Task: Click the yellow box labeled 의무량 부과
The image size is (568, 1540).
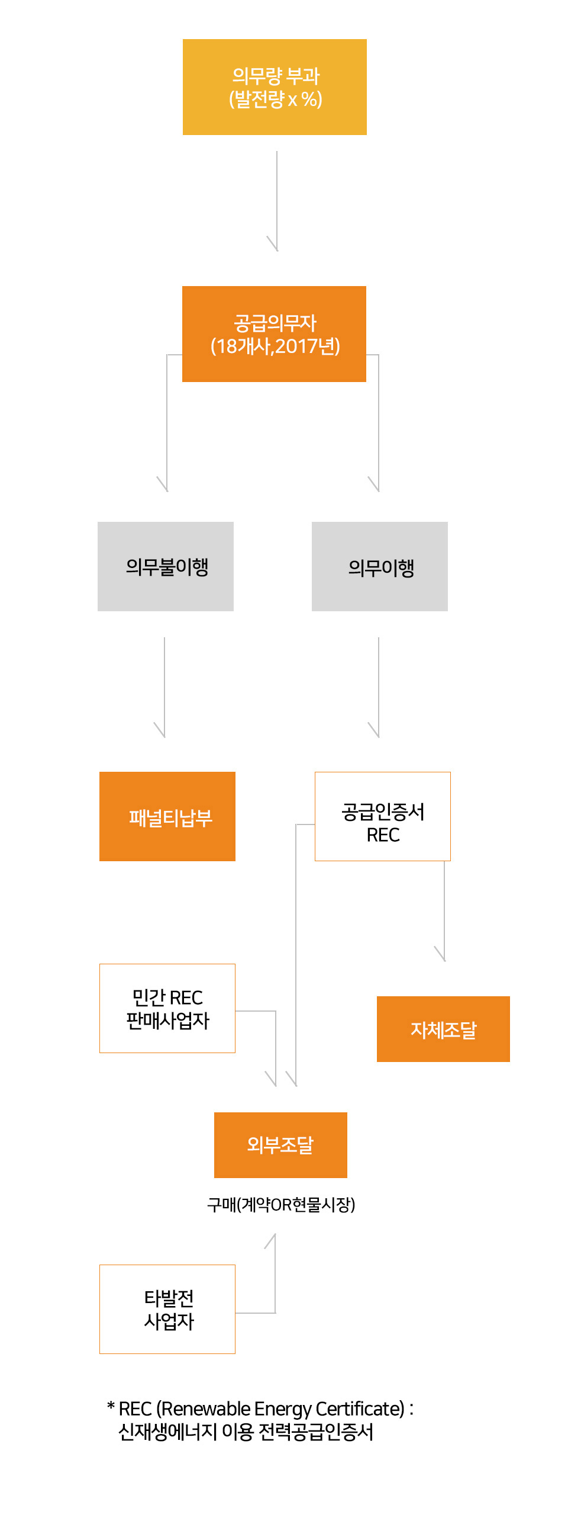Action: tap(274, 86)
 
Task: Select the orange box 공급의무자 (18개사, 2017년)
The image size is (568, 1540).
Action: tap(273, 333)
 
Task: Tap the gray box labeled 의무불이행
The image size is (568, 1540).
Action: tap(166, 566)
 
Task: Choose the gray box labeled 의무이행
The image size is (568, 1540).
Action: tap(379, 566)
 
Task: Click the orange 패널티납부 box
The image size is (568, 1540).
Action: tap(167, 816)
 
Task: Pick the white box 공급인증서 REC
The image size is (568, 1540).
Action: tap(382, 816)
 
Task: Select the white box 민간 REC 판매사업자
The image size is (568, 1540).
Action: tap(167, 1008)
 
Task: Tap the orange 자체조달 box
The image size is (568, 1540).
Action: tap(443, 1029)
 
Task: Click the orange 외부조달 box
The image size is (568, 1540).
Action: tap(280, 1145)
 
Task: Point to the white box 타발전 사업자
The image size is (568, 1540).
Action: tap(167, 1308)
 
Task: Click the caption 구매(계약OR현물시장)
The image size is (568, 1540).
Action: tap(280, 1204)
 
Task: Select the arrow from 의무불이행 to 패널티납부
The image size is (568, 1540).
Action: tap(164, 688)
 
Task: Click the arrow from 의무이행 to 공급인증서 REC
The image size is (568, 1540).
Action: tap(379, 688)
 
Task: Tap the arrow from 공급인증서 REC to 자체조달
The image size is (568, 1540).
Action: tap(444, 912)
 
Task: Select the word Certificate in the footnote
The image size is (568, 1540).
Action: tap(360, 1409)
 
